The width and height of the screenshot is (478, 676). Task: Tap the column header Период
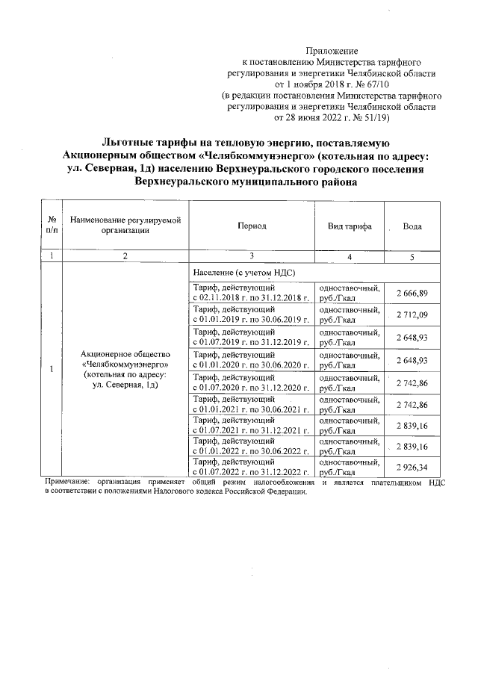[x=252, y=225]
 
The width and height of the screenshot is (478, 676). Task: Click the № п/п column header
[x=52, y=225]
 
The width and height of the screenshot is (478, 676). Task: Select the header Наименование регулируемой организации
[x=125, y=225]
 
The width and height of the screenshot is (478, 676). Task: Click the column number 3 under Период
[x=252, y=256]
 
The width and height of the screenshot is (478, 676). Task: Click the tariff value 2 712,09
[x=412, y=314]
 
